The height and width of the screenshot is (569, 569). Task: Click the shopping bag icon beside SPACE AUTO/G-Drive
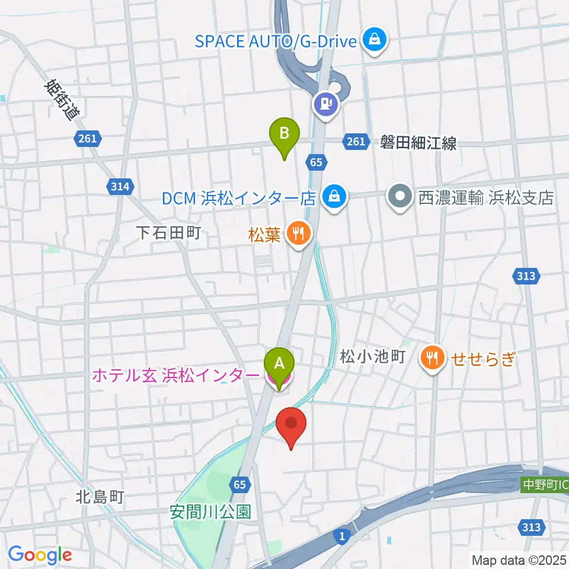click(x=375, y=41)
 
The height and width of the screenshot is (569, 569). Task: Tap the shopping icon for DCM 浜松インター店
click(x=334, y=196)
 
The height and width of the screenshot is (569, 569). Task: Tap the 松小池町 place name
click(x=372, y=356)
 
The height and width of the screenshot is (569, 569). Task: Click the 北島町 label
click(x=100, y=497)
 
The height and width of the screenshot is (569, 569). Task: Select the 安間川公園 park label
click(x=210, y=510)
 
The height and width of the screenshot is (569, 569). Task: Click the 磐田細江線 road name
click(x=418, y=143)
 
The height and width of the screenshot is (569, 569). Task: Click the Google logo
click(x=40, y=555)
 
